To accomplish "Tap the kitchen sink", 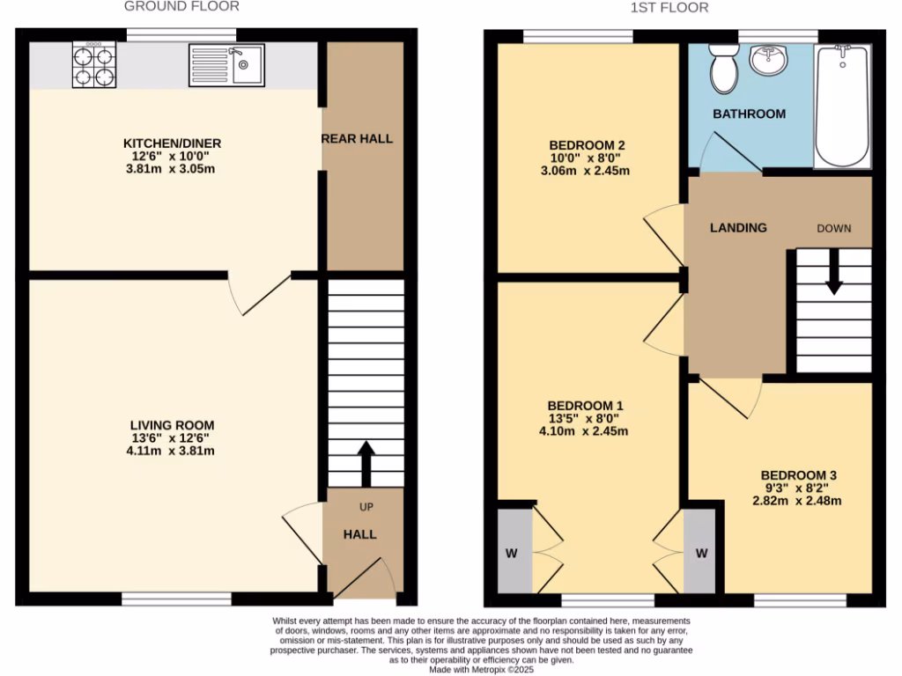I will (225, 65).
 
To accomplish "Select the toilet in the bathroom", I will (725, 70).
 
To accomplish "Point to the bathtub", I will (843, 105).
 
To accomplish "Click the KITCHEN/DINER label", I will (172, 143).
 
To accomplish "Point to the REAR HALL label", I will (357, 138).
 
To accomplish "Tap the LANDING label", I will (738, 227).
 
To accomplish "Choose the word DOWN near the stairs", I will (833, 228).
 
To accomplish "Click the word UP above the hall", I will (366, 508).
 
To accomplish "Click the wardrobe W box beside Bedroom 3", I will (701, 553).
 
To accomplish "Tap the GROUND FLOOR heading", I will (181, 7).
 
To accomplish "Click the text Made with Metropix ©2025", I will (481, 669).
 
